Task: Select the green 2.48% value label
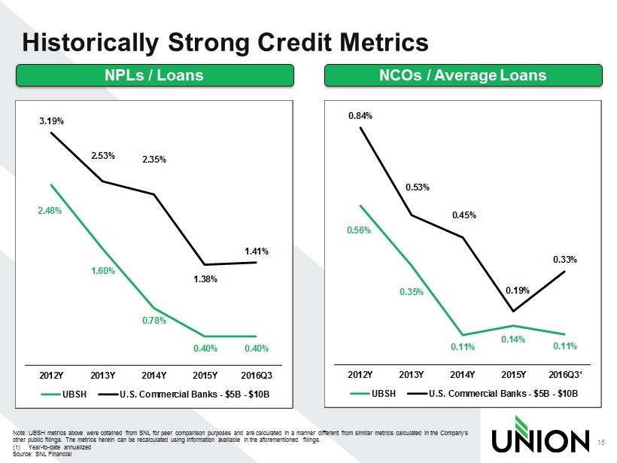pyautogui.click(x=50, y=211)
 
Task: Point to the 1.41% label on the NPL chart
pyautogui.click(x=257, y=251)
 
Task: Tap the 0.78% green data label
pyautogui.click(x=154, y=321)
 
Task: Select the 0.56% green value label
pyautogui.click(x=358, y=231)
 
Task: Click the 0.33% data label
pyautogui.click(x=565, y=260)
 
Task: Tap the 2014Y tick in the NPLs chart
pyautogui.click(x=153, y=374)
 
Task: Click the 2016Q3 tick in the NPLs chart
pyautogui.click(x=257, y=374)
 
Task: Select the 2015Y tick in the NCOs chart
pyautogui.click(x=513, y=374)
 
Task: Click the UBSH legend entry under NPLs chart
pyautogui.click(x=65, y=394)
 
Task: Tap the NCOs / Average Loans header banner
pyautogui.click(x=463, y=75)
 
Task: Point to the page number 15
pyautogui.click(x=600, y=442)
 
